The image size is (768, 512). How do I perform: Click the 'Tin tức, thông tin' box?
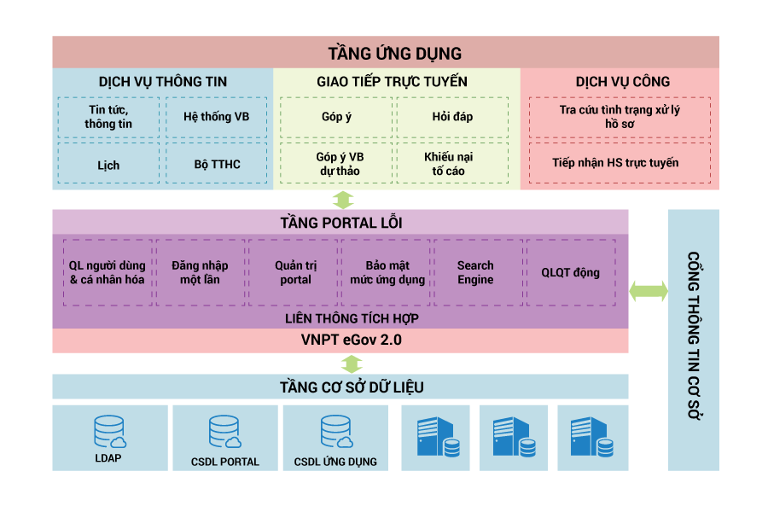pos(108,117)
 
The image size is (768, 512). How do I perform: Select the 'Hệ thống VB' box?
pos(216,117)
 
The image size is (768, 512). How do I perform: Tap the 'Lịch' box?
pos(108,164)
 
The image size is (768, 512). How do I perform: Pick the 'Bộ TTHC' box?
pos(216,164)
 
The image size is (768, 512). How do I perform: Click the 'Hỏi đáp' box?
pos(452,117)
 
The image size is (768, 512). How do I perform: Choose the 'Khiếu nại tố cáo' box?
pos(452,164)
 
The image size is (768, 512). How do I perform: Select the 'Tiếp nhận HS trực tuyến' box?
pos(619,162)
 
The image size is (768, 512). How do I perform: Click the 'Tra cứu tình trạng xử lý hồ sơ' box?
pos(619,117)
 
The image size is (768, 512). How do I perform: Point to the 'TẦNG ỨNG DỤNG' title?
pos(385,53)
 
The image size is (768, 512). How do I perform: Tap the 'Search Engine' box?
pos(475,273)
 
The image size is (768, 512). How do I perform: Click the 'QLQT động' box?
pos(570,273)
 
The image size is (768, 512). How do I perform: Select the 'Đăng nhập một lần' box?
pos(201,273)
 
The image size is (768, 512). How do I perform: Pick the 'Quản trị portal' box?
pos(295,273)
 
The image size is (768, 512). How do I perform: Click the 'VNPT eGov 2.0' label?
pos(340,340)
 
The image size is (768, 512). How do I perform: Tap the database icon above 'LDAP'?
pos(108,432)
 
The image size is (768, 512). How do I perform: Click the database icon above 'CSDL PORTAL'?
pos(224,432)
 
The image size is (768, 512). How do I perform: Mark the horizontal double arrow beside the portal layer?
pos(649,290)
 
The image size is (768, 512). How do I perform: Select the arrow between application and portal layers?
pos(342,200)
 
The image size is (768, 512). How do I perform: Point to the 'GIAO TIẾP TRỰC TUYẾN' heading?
pos(392,82)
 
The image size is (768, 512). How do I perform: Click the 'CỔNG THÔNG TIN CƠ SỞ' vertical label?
pos(693,340)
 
